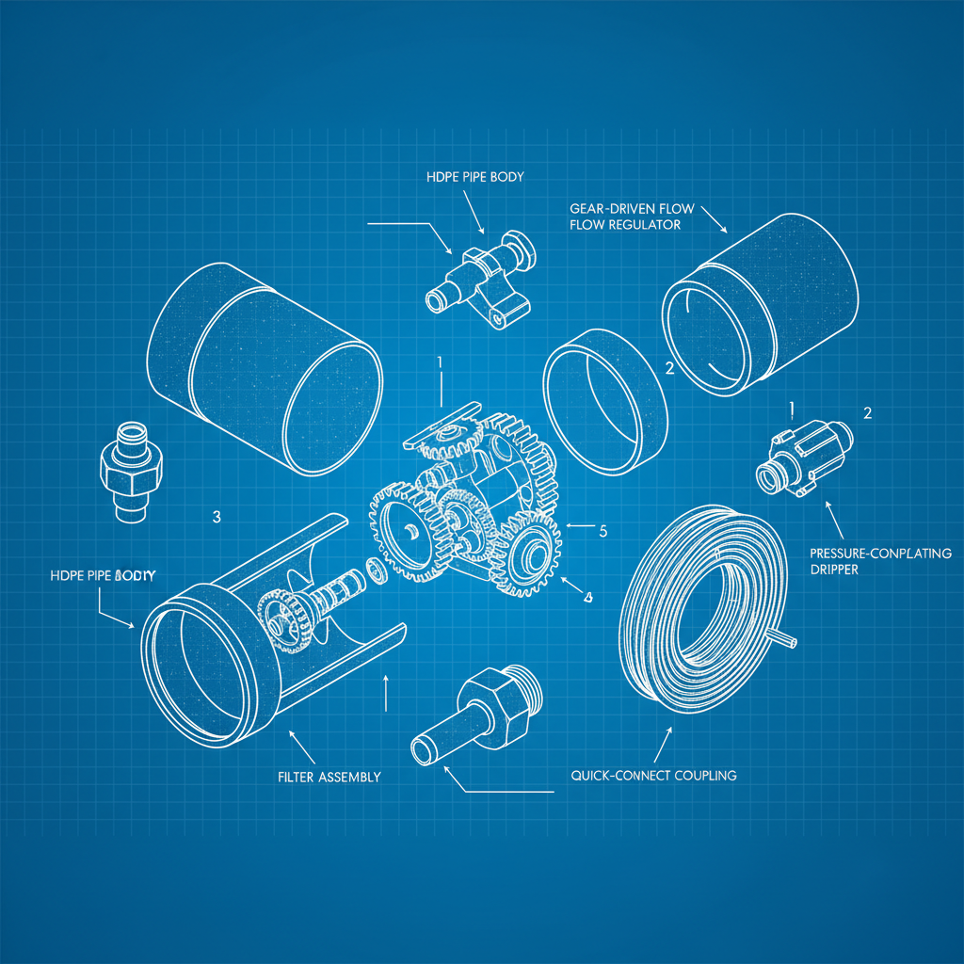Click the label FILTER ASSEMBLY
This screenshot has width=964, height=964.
[329, 777]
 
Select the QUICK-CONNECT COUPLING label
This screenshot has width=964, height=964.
[653, 776]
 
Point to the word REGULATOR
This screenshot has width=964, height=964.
[648, 225]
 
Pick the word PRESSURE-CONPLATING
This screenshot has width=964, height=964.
[880, 553]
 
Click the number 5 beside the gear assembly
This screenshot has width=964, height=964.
[603, 531]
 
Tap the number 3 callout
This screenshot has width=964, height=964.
[217, 517]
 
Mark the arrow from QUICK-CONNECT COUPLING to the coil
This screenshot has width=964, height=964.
[661, 744]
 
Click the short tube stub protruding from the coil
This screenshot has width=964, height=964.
[787, 640]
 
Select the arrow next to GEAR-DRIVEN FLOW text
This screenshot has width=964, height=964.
[713, 218]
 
